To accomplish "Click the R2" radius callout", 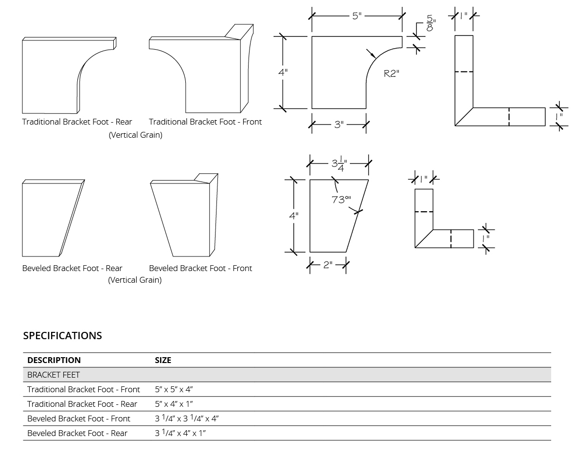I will (391, 74).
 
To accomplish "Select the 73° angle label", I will (341, 200).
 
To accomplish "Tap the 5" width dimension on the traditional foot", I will (357, 16).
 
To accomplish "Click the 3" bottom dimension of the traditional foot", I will (339, 125).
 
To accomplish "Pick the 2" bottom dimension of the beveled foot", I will (328, 265).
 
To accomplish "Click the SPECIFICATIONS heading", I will (62, 336).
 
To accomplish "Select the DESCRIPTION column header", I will (54, 360).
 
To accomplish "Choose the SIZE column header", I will (163, 360).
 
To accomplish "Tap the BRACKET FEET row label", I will (54, 375).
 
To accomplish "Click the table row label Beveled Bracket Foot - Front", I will (79, 419).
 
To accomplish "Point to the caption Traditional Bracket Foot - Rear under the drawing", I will (77, 122).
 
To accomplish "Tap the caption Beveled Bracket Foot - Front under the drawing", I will (200, 268).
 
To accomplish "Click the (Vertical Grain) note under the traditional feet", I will (135, 135).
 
